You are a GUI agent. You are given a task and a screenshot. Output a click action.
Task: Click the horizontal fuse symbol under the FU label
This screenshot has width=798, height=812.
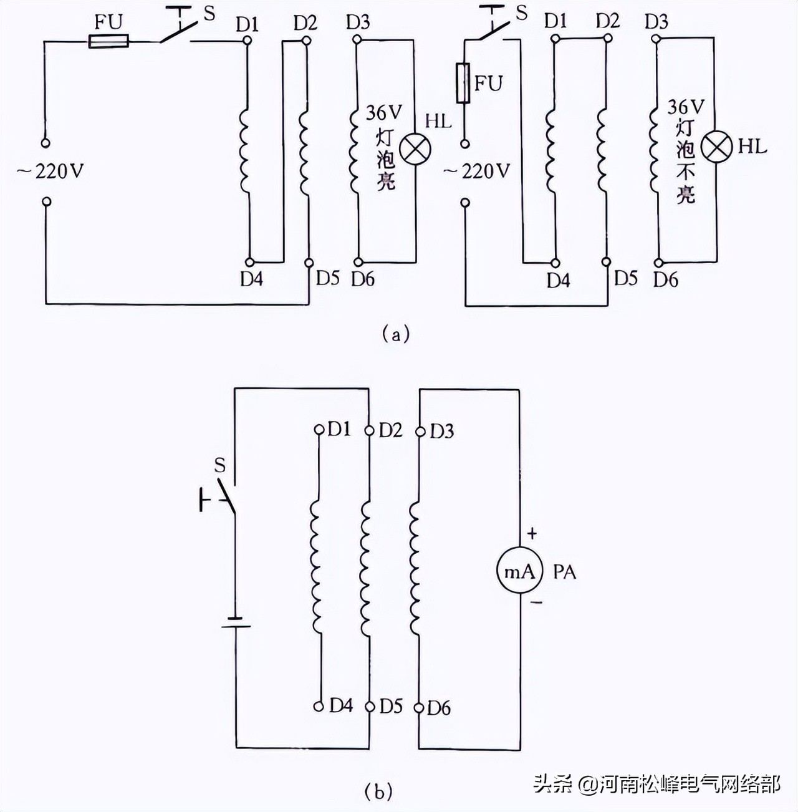pos(109,42)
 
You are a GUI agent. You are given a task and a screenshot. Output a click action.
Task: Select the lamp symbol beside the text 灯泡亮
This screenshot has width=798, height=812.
pos(415,150)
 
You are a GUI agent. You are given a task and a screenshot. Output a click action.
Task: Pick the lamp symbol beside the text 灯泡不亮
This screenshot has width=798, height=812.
pos(717,147)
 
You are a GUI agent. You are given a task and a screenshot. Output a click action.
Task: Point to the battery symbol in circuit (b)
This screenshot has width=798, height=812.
pos(236,622)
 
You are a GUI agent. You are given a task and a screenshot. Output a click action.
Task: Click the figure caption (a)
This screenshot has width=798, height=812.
pos(396,333)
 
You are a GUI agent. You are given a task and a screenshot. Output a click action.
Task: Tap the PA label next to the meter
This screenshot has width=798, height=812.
pos(564,571)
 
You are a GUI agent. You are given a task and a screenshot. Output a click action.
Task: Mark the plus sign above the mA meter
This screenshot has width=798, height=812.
pos(532,534)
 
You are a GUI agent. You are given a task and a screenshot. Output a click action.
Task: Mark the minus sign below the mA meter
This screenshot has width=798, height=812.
pos(536,603)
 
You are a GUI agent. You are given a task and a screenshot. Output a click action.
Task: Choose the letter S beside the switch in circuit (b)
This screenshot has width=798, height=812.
pos(219,465)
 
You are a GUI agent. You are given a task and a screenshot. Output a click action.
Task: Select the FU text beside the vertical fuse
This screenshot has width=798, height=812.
pos(488,83)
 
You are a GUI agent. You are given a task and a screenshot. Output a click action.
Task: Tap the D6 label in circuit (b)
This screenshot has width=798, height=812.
pos(439,708)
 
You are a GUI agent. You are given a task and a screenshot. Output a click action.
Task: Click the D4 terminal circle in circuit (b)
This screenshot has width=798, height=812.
pos(319,707)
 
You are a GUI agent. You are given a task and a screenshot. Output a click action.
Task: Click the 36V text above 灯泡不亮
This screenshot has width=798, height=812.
pos(686,107)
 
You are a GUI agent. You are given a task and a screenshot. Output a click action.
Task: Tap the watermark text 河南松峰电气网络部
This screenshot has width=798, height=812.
pos(690,784)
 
